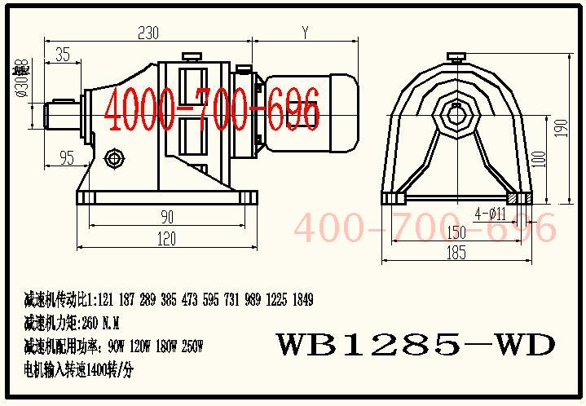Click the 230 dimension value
pos(148,33)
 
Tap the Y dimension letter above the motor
pos(305,33)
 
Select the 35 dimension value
pos(62,55)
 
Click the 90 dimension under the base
pos(167,217)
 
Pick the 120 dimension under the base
pos(167,238)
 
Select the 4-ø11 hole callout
pos(491,214)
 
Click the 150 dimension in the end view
pos(457,233)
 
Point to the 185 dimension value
pos(457,254)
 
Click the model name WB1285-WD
pos(404,343)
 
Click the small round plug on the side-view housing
pos(113,155)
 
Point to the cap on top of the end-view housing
pos(457,56)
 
